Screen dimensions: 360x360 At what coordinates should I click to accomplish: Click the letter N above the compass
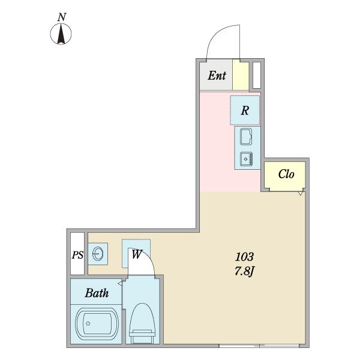tap(62, 17)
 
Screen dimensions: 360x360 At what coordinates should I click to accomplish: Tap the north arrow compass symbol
tap(61, 34)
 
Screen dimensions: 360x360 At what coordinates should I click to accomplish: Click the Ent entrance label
tap(217, 76)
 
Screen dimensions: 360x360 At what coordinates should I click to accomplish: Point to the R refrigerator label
tap(245, 110)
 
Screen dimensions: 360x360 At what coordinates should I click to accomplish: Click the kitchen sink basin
tap(246, 136)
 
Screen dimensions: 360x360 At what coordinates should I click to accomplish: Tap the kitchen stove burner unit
tap(247, 159)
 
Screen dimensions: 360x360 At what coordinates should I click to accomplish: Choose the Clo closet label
tap(286, 174)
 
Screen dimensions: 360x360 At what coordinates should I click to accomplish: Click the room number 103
tap(244, 257)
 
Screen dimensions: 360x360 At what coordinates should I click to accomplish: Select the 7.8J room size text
tap(244, 272)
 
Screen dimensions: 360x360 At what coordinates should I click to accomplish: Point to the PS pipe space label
tap(77, 255)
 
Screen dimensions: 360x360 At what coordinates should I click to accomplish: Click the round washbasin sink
tap(98, 254)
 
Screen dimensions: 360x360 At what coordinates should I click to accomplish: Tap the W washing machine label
tap(137, 254)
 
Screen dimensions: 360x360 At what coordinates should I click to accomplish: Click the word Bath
tap(97, 293)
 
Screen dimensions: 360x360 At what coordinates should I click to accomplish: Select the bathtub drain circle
tap(88, 323)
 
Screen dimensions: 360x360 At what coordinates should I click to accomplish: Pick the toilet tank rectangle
tap(142, 337)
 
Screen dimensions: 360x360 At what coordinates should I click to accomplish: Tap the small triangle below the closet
tap(301, 194)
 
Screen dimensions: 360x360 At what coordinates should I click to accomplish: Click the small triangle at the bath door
tap(120, 284)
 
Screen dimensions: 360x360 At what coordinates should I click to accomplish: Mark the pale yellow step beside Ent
tap(241, 75)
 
